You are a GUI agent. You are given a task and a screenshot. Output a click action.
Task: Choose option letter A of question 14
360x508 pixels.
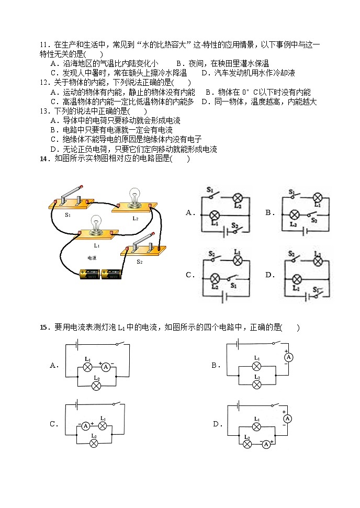coord(189,212)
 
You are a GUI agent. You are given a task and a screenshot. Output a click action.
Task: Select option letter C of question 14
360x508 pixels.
coord(189,275)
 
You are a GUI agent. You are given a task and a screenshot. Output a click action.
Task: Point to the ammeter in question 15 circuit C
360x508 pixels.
coord(86,426)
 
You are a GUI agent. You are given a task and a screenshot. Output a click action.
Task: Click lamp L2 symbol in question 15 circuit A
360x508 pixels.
coord(96,386)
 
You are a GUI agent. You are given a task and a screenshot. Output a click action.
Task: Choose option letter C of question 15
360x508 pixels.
coord(53,424)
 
